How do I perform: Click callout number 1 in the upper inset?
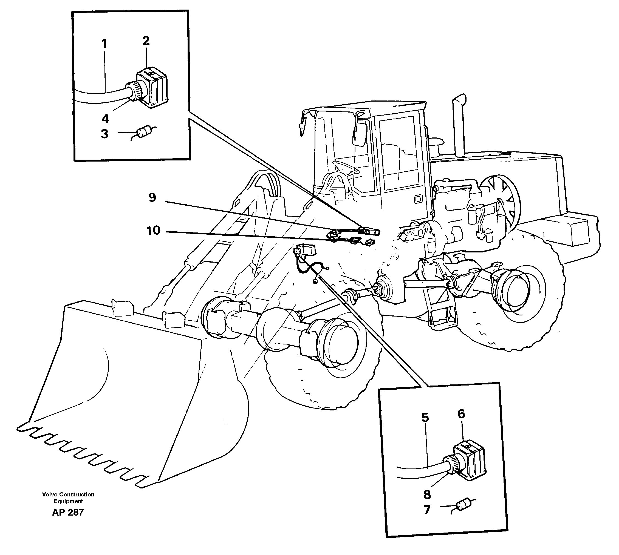[104, 44]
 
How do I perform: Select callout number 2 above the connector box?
[146, 41]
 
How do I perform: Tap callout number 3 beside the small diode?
[104, 134]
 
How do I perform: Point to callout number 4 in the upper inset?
[105, 118]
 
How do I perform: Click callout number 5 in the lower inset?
[425, 418]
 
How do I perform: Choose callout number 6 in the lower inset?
[461, 414]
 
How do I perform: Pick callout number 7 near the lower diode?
[427, 510]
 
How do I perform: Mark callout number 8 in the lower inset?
[427, 494]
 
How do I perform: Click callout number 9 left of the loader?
[152, 198]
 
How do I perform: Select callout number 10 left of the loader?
[153, 231]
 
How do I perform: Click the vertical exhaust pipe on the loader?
[458, 128]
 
